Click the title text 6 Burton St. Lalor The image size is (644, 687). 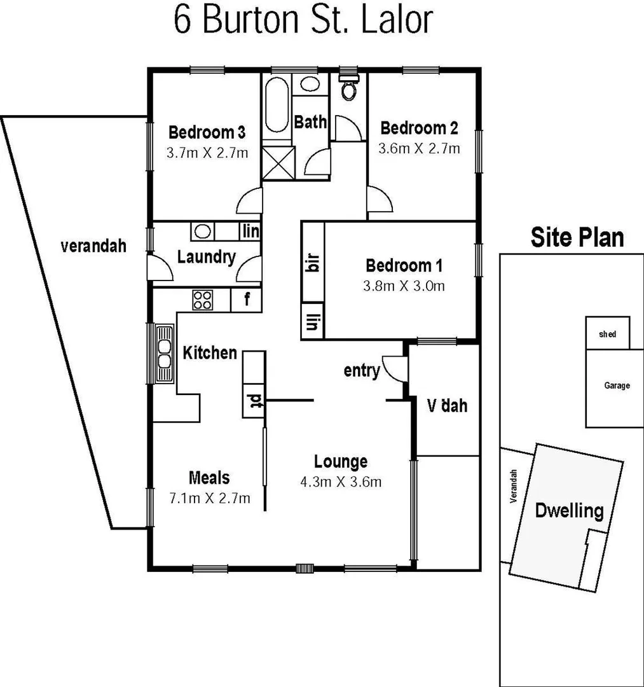(303, 21)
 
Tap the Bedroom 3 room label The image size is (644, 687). (207, 132)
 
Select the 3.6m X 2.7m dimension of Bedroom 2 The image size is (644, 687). (418, 149)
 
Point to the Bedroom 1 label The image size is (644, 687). (404, 265)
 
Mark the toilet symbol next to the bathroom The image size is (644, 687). (348, 87)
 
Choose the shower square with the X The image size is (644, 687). (278, 162)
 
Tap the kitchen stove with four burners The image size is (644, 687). (203, 300)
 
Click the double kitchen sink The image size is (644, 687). (165, 354)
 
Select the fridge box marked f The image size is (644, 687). (247, 300)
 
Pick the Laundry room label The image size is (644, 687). (206, 258)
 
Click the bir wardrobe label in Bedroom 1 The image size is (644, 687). (312, 263)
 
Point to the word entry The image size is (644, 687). (361, 370)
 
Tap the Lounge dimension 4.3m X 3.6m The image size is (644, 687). (341, 482)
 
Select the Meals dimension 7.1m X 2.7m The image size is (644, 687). (209, 497)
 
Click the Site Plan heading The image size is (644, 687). (577, 237)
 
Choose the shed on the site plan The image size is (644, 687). (608, 334)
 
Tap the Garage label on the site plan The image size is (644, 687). (617, 385)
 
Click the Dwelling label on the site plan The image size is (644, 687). (568, 510)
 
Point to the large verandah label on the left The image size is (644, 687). (93, 246)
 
